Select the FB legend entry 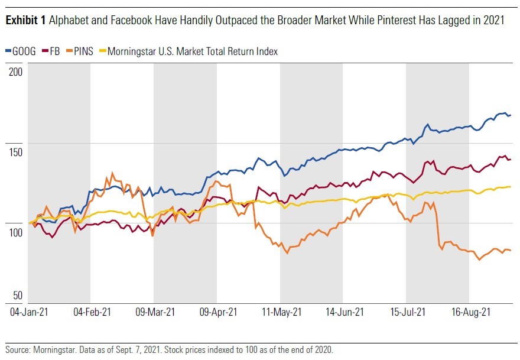[x=58, y=51]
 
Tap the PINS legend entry [x=86, y=51]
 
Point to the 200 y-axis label [x=16, y=72]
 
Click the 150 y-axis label [x=16, y=152]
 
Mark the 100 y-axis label [x=16, y=232]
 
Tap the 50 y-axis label [x=18, y=296]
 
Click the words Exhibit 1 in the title [x=25, y=20]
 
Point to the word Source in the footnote [x=18, y=350]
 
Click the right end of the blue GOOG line [x=511, y=115]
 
